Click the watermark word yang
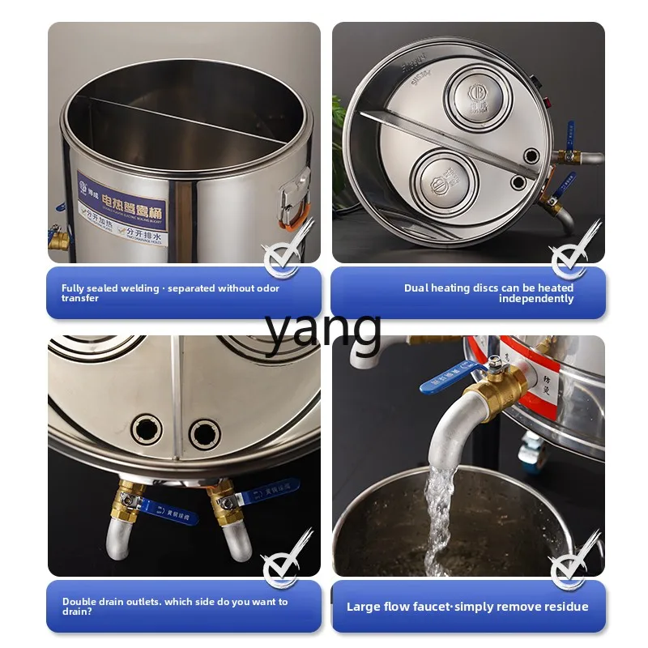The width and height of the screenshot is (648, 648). point(323,328)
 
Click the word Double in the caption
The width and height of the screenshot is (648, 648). point(79,602)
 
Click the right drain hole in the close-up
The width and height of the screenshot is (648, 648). point(204,433)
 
